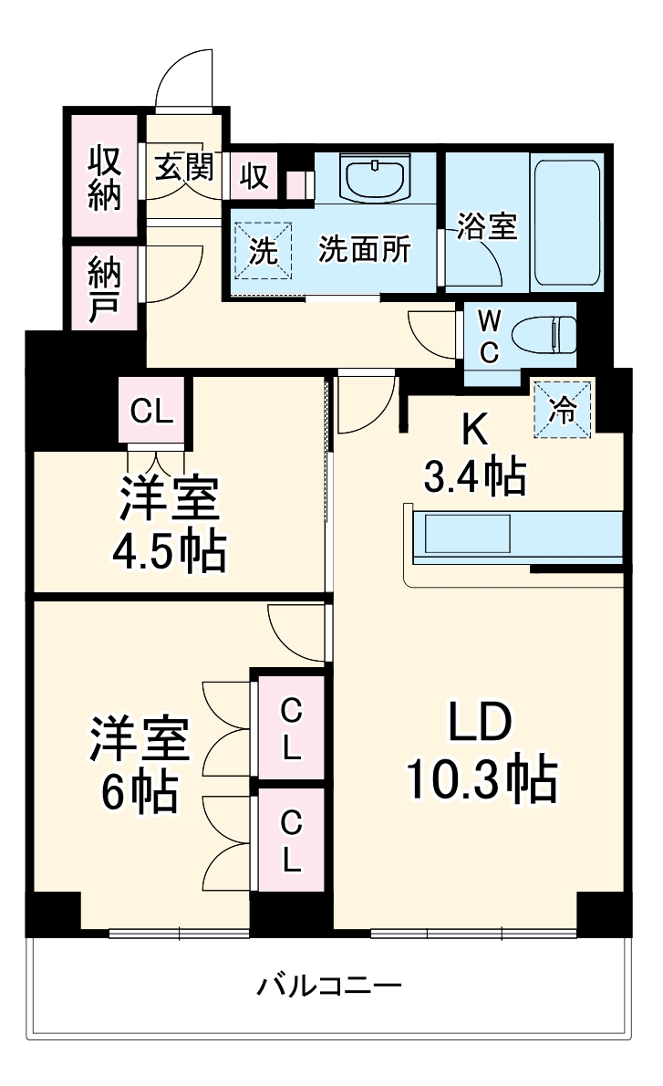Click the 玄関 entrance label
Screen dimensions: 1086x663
click(x=183, y=168)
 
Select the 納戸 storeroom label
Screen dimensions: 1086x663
click(x=103, y=289)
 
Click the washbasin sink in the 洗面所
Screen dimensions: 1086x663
click(x=375, y=176)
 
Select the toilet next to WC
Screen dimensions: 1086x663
click(x=544, y=334)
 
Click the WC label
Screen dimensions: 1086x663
click(x=488, y=336)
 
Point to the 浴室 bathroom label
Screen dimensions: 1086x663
click(x=488, y=225)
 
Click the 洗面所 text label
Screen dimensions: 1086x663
click(x=364, y=250)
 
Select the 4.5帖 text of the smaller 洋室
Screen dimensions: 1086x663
click(x=169, y=550)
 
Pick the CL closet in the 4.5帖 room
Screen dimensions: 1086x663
click(x=151, y=411)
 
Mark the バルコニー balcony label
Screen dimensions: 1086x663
click(x=329, y=987)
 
